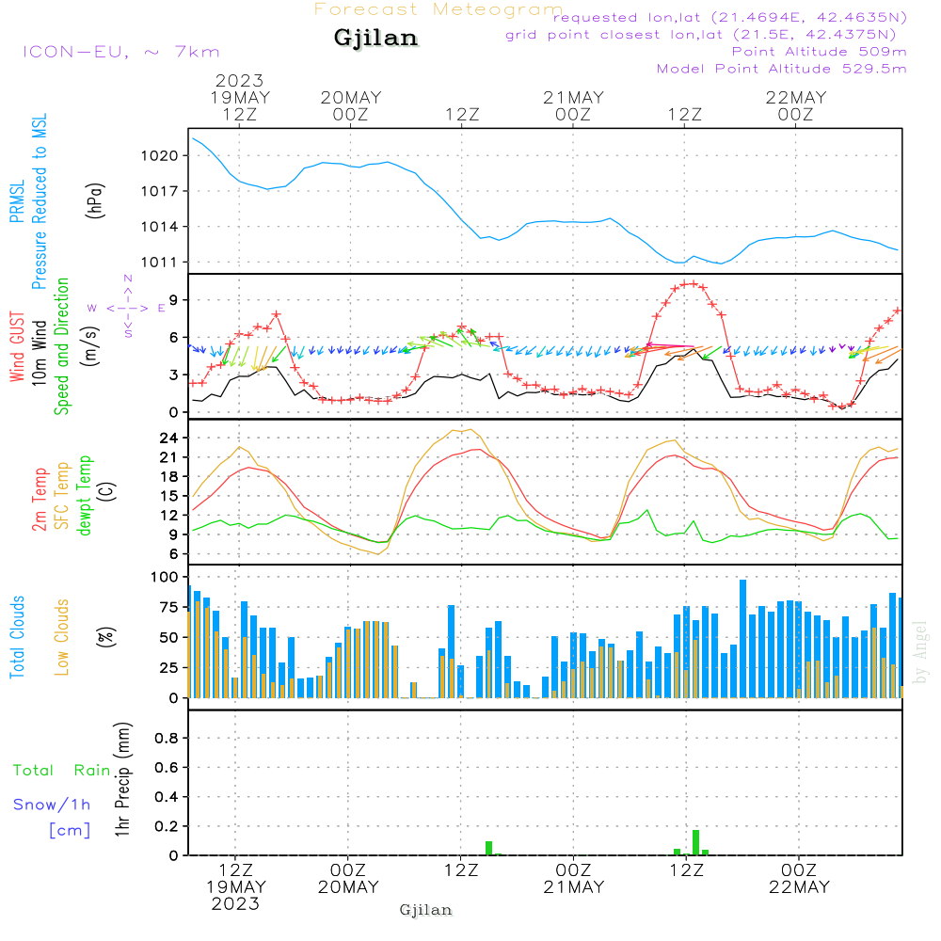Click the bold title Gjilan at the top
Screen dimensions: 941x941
click(x=375, y=39)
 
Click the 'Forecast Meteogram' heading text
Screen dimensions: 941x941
click(x=439, y=10)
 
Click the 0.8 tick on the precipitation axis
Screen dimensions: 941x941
click(x=167, y=738)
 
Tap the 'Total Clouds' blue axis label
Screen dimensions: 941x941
click(x=17, y=637)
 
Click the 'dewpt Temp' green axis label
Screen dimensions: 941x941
click(x=86, y=497)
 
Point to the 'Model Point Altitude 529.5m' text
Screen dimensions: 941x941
click(x=782, y=69)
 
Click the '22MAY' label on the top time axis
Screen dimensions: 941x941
click(x=796, y=97)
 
